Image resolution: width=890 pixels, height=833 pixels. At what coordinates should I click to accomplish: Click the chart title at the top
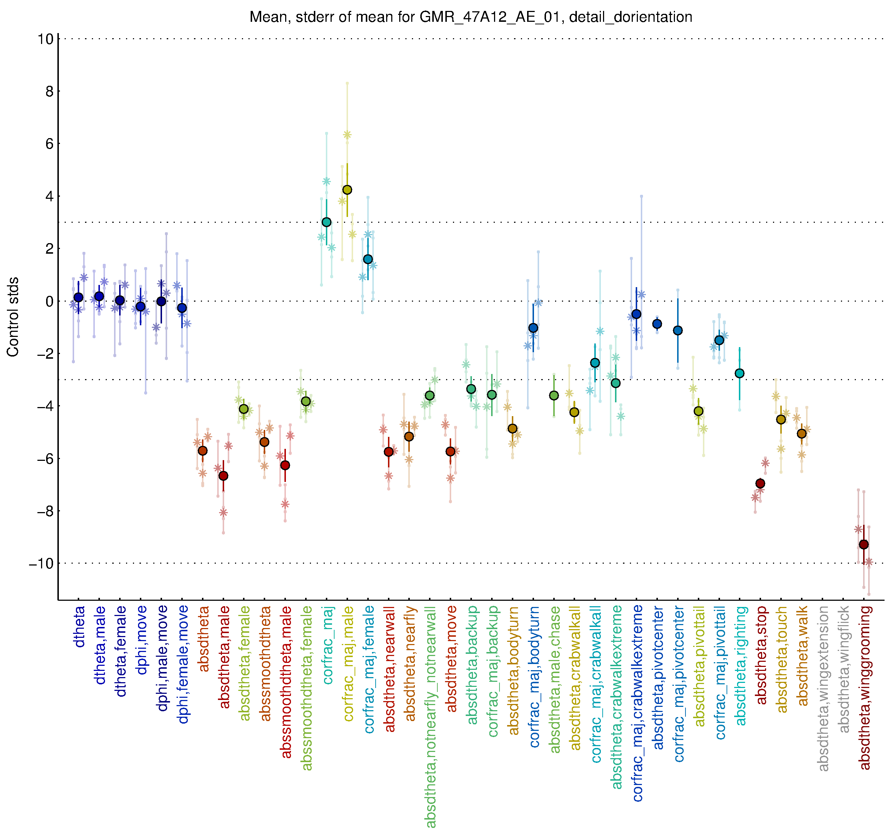click(470, 17)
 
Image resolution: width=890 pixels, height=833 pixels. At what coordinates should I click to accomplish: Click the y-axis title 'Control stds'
click(13, 317)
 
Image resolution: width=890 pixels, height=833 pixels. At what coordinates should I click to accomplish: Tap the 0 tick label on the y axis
click(49, 301)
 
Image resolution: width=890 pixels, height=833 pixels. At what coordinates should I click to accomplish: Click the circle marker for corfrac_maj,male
click(347, 190)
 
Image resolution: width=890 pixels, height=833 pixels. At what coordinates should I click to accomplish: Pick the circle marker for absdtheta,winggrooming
click(863, 544)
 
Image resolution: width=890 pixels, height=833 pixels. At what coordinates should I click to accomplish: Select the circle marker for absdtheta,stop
click(760, 483)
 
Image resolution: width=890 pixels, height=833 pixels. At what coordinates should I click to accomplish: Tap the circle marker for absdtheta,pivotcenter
click(657, 324)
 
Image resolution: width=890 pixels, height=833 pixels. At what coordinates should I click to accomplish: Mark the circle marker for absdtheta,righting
click(740, 373)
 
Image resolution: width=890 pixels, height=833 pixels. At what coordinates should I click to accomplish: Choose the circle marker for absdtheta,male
click(223, 476)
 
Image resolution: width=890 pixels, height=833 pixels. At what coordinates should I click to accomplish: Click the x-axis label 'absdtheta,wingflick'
click(844, 669)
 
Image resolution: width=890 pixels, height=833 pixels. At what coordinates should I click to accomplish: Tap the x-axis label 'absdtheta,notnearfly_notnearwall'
click(430, 717)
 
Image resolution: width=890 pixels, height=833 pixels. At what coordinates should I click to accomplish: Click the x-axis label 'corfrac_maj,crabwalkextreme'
click(638, 704)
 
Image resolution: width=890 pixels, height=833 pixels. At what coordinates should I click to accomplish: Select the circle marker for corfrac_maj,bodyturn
click(533, 328)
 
